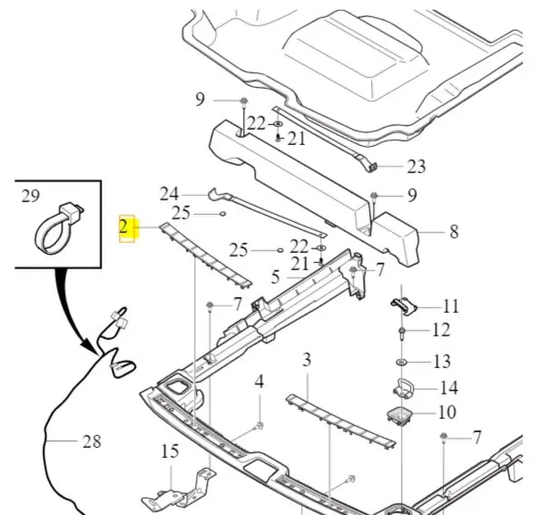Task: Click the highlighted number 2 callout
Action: point(123,228)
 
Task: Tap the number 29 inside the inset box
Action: point(31,196)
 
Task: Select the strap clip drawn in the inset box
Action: point(60,228)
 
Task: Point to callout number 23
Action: point(416,167)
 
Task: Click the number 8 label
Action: point(454,232)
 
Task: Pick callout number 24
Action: point(170,194)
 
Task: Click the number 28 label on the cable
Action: point(92,442)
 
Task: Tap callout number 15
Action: point(170,452)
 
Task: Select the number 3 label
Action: point(307,360)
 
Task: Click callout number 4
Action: point(259,382)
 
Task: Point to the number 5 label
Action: point(276,277)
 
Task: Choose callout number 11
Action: point(451,306)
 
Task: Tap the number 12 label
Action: point(441,330)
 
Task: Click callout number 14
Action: point(449,388)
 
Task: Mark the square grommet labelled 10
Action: point(399,415)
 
